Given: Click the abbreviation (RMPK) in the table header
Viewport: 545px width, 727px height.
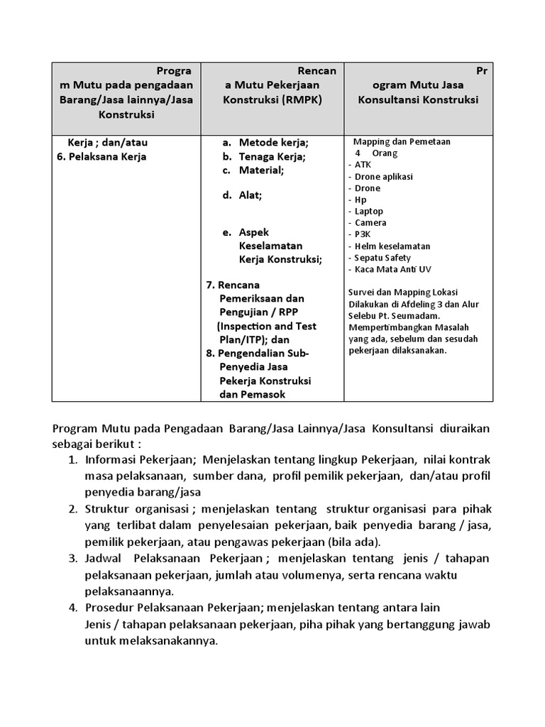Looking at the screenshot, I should click(x=302, y=100).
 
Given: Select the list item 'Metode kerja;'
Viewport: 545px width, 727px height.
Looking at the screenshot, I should click(x=273, y=142).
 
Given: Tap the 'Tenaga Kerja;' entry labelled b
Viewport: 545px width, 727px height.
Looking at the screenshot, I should click(x=272, y=156).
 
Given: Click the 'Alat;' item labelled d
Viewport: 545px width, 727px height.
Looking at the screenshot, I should click(x=250, y=195).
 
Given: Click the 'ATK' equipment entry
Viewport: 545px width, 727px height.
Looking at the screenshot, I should click(x=363, y=165).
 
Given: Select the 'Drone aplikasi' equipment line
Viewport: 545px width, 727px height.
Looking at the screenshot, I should click(x=383, y=176).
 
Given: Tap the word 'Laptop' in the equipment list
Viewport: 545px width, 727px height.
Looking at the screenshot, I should click(x=368, y=211).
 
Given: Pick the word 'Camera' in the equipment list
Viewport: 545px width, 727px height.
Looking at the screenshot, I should click(x=370, y=223).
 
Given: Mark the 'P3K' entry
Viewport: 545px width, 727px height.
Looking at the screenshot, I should click(x=363, y=234).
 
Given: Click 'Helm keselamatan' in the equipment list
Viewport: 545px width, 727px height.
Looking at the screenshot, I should click(x=392, y=246).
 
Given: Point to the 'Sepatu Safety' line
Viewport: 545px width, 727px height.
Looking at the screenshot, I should click(x=382, y=258).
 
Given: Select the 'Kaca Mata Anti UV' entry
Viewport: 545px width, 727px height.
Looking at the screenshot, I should click(x=392, y=270).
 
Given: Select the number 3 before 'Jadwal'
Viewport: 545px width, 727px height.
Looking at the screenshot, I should click(x=72, y=558).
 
